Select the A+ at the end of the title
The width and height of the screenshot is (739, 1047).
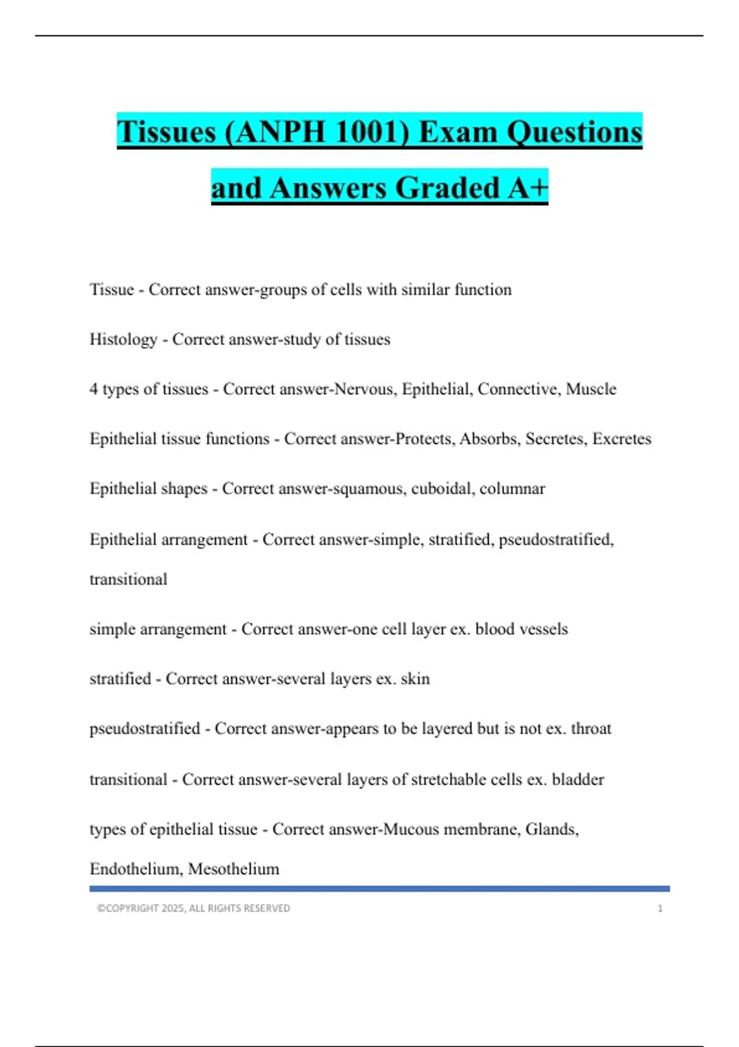[527, 188]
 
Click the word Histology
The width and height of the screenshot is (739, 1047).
[123, 339]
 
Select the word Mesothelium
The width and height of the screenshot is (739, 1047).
[233, 869]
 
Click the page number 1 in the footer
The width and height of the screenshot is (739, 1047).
[660, 908]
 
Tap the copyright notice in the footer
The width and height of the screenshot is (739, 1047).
[193, 908]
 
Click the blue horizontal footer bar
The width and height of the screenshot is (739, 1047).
[379, 889]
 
